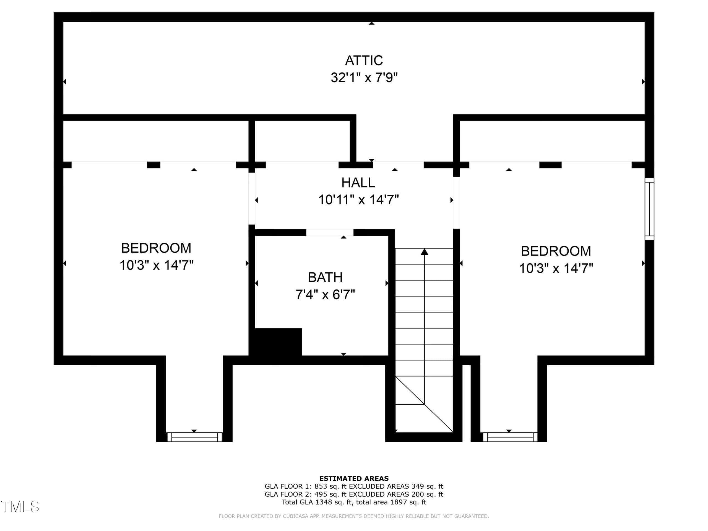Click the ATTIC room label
point(364,61)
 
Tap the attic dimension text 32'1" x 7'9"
point(364,77)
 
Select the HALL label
point(358,183)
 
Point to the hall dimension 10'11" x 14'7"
point(358,200)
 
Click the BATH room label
point(325,277)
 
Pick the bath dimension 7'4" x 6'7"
point(325,294)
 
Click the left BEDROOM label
point(156,248)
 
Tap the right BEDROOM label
point(556,251)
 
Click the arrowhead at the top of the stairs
point(425,252)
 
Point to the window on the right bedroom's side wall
point(649,209)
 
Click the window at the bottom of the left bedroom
point(194,437)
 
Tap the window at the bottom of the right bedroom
point(510,437)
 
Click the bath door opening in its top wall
point(330,233)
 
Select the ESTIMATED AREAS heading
point(354,478)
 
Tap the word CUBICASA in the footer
point(295,516)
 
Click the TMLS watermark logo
point(20,506)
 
